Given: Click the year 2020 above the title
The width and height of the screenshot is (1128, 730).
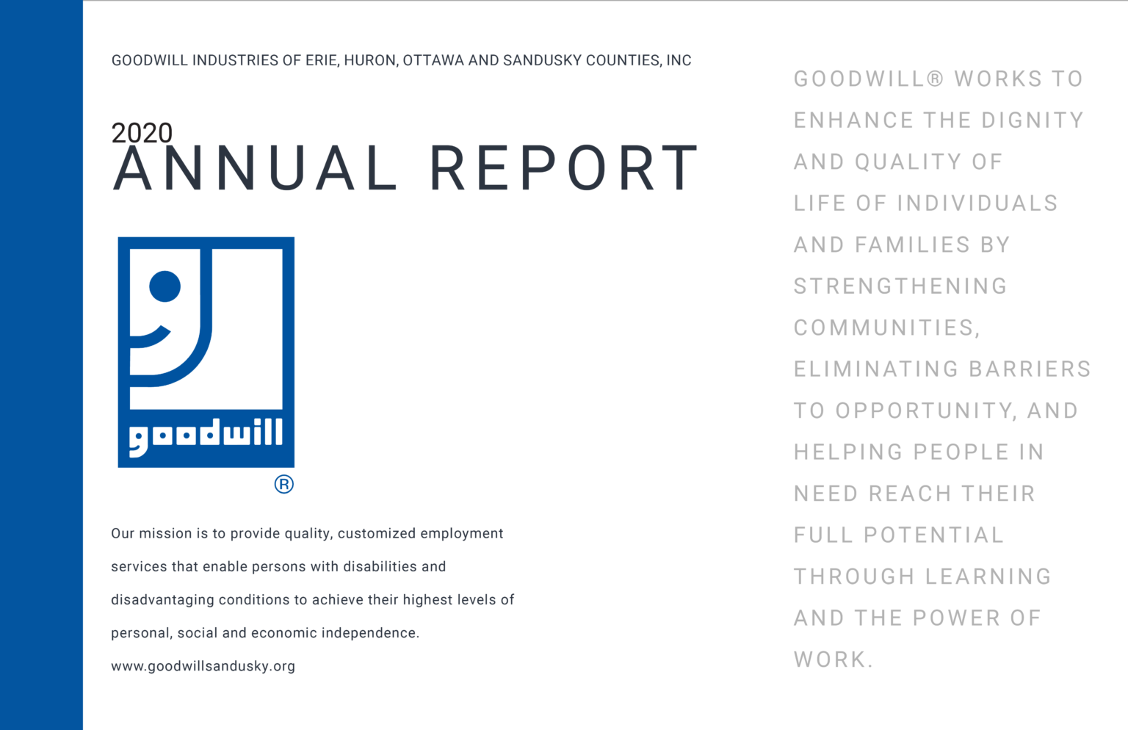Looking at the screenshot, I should coord(142,133).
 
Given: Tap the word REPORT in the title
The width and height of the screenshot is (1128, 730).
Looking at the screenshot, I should coord(563,169).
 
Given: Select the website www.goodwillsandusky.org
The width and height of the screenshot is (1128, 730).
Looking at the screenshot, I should coord(203,666).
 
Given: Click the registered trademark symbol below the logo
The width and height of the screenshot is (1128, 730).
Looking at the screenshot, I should coord(283,484).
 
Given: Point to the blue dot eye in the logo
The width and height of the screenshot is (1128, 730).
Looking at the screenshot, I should coord(164,286).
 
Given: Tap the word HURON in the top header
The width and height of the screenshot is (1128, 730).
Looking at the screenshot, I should coord(371,60).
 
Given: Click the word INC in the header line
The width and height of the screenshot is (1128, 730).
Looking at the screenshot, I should coord(679,60).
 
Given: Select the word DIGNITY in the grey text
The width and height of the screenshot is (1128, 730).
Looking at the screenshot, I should coord(1033,120).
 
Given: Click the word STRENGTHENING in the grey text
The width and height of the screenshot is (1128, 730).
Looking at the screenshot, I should coord(900,286).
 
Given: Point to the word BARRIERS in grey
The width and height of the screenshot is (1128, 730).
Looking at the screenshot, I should coord(1030,369).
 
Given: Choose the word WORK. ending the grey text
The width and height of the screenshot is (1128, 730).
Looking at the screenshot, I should coord(834,659).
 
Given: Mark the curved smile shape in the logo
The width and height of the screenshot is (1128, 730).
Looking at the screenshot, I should coord(151,338).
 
